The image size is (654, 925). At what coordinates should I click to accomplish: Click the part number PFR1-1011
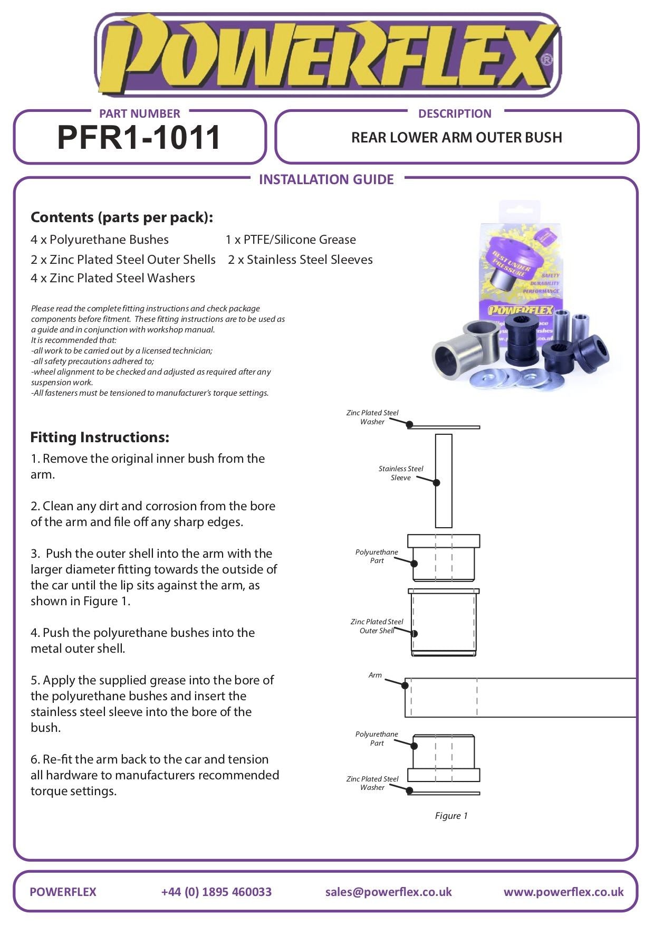(139, 138)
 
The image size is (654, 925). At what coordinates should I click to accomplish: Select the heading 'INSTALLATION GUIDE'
(326, 179)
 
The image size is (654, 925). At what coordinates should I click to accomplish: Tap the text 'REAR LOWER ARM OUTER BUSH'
(456, 138)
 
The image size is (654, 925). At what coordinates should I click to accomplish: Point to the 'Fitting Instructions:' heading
(100, 437)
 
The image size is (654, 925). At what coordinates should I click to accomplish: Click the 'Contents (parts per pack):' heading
(122, 217)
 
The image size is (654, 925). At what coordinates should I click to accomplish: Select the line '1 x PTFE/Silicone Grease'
(291, 240)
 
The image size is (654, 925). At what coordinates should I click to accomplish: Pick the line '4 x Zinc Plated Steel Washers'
(113, 278)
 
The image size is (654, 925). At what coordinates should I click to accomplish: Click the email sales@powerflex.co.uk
(388, 892)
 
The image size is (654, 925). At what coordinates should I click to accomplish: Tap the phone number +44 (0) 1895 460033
(216, 892)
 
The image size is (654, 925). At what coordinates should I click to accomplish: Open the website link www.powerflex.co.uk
(563, 892)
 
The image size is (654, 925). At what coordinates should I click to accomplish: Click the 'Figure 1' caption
(451, 816)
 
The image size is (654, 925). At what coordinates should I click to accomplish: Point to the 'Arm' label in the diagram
(375, 675)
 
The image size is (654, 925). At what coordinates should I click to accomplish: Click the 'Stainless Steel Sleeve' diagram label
(401, 473)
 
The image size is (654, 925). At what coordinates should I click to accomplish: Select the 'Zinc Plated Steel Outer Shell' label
(377, 626)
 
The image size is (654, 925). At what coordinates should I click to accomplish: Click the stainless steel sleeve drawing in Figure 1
(444, 480)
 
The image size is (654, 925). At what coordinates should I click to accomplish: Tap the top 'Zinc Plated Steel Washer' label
(372, 417)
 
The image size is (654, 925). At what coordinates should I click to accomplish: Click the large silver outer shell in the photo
(465, 351)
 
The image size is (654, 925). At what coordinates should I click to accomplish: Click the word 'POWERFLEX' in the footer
(63, 892)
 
